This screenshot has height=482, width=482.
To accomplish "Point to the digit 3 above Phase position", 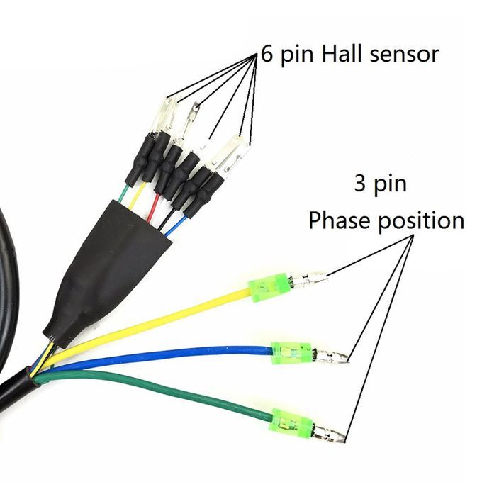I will pos(361,185).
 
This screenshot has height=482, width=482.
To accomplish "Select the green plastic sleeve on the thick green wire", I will pos(292,424).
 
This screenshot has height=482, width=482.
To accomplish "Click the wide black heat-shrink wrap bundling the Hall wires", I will pos(113,262).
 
